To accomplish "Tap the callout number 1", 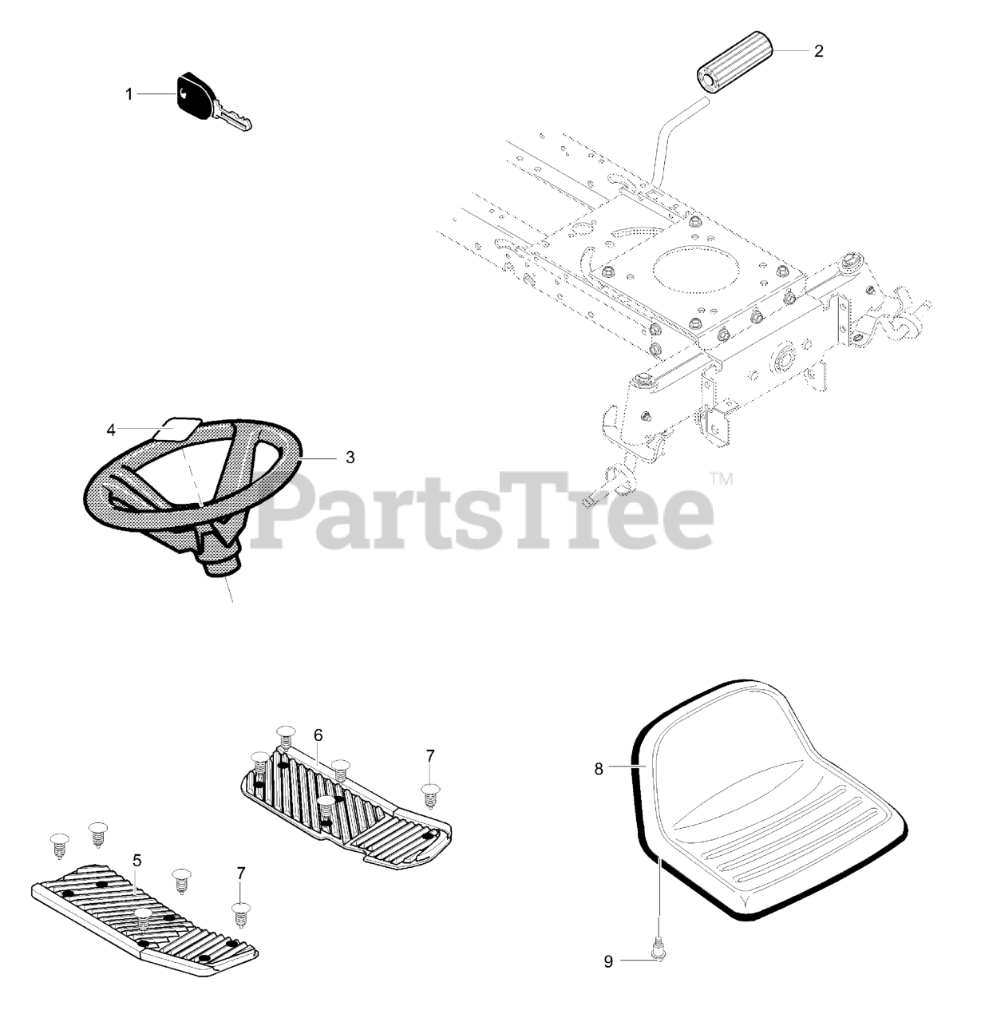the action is (x=129, y=94).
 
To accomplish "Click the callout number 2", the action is (x=818, y=51).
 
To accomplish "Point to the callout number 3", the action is (x=350, y=458).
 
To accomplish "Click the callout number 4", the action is (x=111, y=430).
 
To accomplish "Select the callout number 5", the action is (x=136, y=860).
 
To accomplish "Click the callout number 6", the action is (x=317, y=735).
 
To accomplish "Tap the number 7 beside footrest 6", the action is (x=430, y=755).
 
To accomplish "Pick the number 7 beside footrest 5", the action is (x=240, y=873).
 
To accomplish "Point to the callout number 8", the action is (x=598, y=769).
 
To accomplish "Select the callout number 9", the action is (x=608, y=961).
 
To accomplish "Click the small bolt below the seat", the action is (x=659, y=949).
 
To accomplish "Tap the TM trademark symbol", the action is (x=721, y=479).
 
